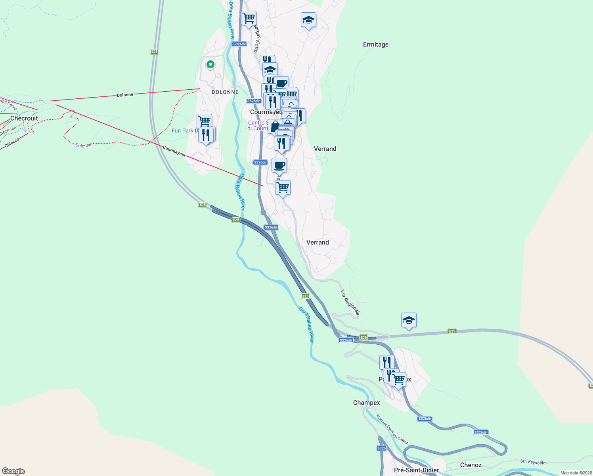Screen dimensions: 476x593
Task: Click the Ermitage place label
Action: coord(376,44)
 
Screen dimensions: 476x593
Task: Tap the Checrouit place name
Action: coord(24,118)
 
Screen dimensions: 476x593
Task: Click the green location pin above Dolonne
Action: coord(210,64)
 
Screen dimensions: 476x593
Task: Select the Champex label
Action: coord(367,403)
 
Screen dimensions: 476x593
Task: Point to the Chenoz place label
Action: coord(471,465)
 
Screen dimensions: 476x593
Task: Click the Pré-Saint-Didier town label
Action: coord(416,470)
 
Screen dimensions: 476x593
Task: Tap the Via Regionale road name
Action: coord(350,303)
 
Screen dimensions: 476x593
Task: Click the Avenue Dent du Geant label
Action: coord(392,429)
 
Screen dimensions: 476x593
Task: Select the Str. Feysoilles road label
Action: coord(534,462)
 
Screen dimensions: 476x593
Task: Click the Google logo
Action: coord(13,471)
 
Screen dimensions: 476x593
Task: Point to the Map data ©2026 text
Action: coord(576,473)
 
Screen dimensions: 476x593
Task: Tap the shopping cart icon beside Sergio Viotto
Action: coord(249,18)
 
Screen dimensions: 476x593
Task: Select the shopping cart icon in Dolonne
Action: coord(204,121)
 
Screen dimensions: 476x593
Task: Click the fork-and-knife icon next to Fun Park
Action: coord(206,134)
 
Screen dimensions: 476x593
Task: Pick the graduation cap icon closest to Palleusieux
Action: coord(409,320)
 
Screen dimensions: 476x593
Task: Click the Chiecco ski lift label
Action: coord(12,143)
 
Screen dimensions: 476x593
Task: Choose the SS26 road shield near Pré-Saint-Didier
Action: coord(381,448)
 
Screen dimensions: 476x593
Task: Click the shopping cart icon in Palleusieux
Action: coord(399,379)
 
